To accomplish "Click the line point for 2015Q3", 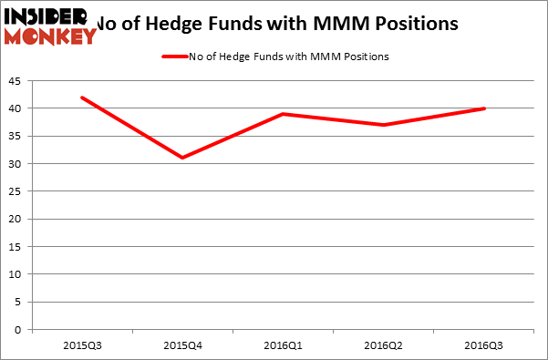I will pyautogui.click(x=82, y=98).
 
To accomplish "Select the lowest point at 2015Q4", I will pyautogui.click(x=181, y=158).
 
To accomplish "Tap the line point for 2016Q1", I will pyautogui.click(x=283, y=114).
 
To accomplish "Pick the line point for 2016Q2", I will pyautogui.click(x=383, y=125).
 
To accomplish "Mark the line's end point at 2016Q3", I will pyautogui.click(x=483, y=108).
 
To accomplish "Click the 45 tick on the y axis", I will pyautogui.click(x=18, y=81).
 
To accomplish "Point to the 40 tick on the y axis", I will pyautogui.click(x=18, y=108).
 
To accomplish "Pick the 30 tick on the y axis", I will pyautogui.click(x=18, y=164).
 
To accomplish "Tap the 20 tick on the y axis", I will pyautogui.click(x=18, y=219).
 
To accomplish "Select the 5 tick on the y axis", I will pyautogui.click(x=21, y=302).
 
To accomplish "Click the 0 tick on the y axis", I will pyautogui.click(x=21, y=329).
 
